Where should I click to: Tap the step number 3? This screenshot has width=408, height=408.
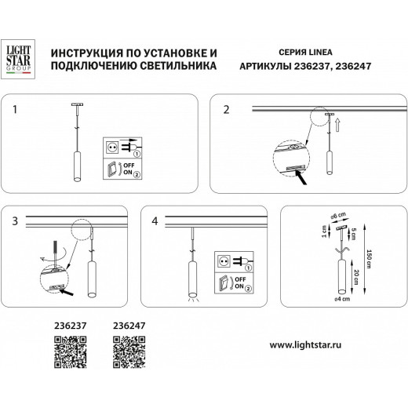click(x=16, y=223)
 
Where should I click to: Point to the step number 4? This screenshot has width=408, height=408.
click(x=155, y=223)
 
